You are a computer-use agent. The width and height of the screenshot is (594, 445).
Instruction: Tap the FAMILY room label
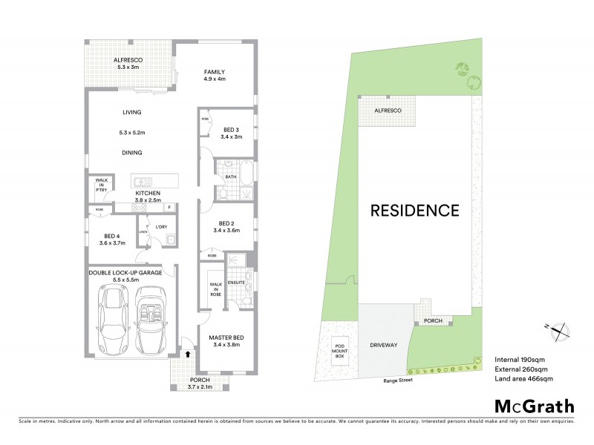coord(215,72)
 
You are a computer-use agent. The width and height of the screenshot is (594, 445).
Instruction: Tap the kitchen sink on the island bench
coord(141,180)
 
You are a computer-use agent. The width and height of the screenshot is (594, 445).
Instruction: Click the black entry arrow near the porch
coord(188,354)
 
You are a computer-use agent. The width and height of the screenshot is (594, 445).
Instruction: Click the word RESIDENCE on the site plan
coord(415,210)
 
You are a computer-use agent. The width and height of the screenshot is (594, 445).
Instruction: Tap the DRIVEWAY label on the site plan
coord(383,345)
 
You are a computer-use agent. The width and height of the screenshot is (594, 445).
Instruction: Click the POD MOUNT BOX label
coord(339,351)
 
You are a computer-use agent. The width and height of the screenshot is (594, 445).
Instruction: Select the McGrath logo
coord(534,406)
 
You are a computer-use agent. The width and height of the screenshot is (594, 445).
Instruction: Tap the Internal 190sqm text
coord(516,358)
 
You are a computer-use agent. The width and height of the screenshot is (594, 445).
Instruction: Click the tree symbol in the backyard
coord(467,70)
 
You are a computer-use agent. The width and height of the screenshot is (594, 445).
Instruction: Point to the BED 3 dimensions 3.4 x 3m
coord(232,136)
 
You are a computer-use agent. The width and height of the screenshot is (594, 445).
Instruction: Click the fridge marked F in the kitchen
coord(169,207)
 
